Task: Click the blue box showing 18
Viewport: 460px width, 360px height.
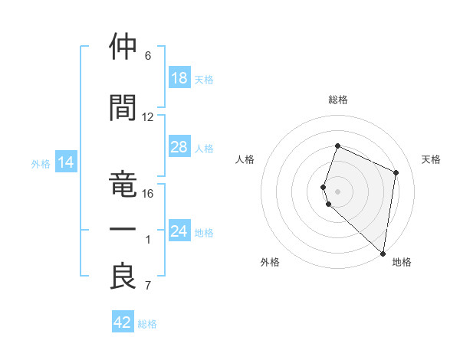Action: click(179, 78)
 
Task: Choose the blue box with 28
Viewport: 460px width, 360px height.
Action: click(179, 147)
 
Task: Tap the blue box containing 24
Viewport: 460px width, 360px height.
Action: click(179, 231)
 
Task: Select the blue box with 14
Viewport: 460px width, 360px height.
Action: click(66, 162)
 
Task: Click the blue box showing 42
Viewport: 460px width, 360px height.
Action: click(123, 322)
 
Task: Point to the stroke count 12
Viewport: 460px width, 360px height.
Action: click(148, 117)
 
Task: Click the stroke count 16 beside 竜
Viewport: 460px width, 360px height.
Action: click(148, 194)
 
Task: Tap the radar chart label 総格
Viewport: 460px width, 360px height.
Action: click(338, 100)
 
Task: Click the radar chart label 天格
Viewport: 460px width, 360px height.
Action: click(432, 159)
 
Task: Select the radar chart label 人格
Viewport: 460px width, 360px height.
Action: click(245, 159)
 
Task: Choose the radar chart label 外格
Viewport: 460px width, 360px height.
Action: click(270, 262)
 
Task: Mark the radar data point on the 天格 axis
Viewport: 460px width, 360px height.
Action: click(396, 172)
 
